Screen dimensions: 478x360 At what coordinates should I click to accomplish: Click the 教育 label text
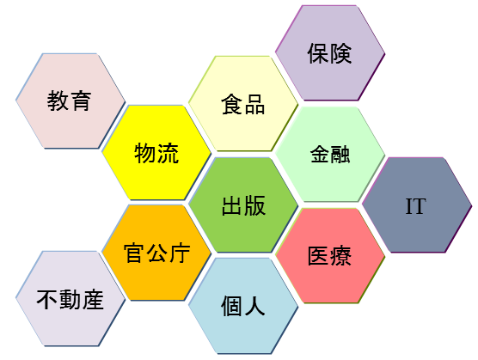[69, 101]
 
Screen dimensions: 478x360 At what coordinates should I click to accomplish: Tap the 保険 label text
[329, 53]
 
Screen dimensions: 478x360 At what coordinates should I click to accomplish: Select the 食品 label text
[243, 105]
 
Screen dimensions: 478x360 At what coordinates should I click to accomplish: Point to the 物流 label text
[156, 153]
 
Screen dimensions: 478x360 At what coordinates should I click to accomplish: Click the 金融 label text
[330, 154]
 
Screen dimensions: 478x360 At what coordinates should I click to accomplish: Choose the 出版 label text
[243, 205]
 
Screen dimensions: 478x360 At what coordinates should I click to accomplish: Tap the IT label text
[416, 206]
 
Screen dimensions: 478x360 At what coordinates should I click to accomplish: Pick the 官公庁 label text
[157, 253]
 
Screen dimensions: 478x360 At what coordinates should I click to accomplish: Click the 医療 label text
[329, 255]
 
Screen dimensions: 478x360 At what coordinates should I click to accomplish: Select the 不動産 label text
[70, 300]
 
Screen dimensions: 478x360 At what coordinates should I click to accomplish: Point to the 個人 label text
[243, 306]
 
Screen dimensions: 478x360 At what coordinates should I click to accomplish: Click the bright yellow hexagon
[156, 153]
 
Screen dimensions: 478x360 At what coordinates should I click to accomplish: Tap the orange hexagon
[156, 253]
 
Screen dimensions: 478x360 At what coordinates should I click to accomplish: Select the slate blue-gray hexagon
[417, 205]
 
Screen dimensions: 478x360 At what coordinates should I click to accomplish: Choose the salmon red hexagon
[330, 255]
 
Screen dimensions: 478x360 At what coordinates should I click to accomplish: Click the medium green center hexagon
[243, 205]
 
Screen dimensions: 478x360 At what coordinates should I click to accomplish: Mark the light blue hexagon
[243, 306]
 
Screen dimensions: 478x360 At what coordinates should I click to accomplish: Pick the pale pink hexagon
[70, 101]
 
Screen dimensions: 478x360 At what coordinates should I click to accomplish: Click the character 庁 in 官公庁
[180, 253]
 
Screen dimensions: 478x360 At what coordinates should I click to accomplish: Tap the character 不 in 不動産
[47, 300]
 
